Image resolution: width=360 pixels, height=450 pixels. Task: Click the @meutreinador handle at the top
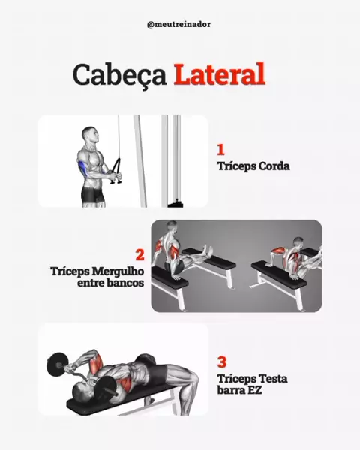point(178,25)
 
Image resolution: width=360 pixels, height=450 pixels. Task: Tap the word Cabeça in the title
point(120,75)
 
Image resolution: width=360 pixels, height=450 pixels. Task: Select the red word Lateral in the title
point(219,73)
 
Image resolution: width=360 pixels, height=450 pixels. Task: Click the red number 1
point(220,149)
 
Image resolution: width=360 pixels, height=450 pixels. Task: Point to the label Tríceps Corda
point(253,166)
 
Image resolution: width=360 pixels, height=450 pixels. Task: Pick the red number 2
point(139,254)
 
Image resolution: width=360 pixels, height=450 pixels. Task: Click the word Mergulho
point(118,271)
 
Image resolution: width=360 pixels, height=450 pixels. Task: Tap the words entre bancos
point(110,283)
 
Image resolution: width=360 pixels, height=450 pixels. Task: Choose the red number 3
point(222,362)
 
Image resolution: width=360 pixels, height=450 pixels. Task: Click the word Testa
point(273,379)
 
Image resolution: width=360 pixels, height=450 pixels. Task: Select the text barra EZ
point(239,390)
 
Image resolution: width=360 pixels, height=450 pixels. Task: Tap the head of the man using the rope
point(90,136)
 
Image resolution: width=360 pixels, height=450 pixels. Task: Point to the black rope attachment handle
point(116,171)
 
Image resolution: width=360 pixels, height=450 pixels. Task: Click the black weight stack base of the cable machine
point(175,203)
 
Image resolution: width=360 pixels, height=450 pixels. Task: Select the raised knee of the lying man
point(191,373)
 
